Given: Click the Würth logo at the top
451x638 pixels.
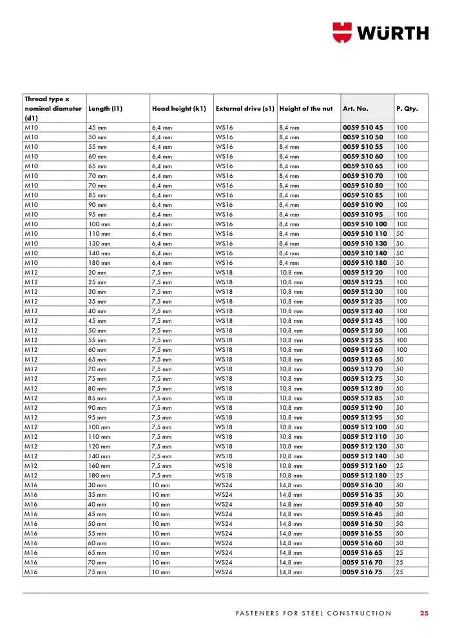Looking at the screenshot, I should point(380,32).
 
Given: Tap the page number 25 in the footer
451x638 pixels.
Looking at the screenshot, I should point(424,613).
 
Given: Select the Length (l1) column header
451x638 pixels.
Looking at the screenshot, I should point(105,109).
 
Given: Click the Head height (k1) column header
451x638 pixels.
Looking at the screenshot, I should point(178,109).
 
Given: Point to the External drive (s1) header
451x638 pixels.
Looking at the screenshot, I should point(245,109).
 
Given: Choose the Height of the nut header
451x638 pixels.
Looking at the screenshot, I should point(306,109).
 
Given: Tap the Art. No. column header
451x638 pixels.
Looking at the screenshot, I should point(356,109).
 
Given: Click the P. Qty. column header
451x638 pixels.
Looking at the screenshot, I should point(407,109).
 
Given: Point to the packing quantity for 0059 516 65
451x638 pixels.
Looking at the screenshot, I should point(399,553).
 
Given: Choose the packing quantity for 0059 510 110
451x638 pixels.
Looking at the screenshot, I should point(399,234).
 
